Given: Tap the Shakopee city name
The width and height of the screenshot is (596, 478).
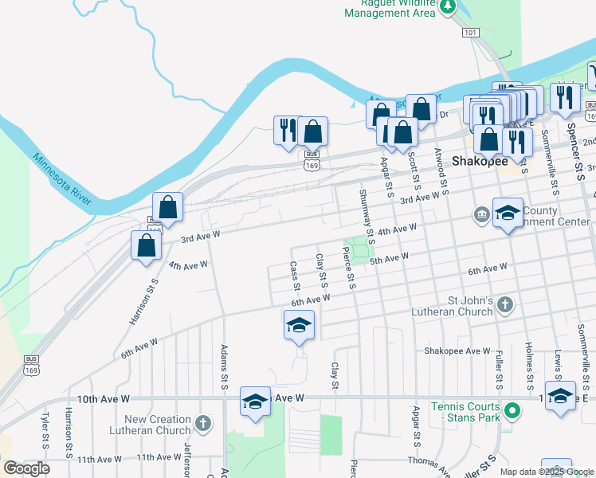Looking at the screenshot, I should tap(480, 161).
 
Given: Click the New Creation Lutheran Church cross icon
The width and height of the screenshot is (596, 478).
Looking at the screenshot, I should tap(203, 423).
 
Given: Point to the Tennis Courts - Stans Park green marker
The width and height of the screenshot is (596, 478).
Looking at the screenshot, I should tap(514, 412).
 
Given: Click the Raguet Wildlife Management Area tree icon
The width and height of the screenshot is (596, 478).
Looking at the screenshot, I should tap(448, 7).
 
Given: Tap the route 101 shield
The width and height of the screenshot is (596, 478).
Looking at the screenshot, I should tap(470, 32).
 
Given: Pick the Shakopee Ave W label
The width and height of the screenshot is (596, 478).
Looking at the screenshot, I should tap(457, 351).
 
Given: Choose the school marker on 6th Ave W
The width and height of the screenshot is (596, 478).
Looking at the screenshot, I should tap(299, 325).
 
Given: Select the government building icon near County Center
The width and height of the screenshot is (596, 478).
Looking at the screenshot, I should tap(482, 214).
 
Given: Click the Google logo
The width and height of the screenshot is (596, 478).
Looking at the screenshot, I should tap(26, 468).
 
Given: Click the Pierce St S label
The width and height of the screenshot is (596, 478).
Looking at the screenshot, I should tap(349, 267).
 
